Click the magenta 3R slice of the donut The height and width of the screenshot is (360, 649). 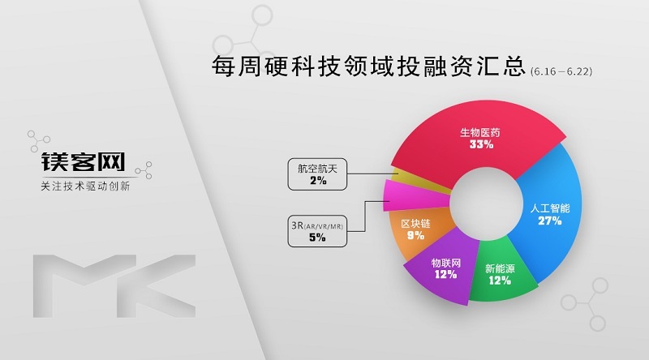(414, 195)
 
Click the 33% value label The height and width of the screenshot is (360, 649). (481, 144)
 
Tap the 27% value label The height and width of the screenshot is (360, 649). (550, 221)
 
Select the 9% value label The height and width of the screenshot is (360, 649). (415, 235)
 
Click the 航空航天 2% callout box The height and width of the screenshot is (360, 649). (317, 174)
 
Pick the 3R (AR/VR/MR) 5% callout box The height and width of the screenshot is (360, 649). (317, 231)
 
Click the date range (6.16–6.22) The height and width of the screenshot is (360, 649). (561, 71)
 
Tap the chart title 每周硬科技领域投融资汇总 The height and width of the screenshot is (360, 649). (368, 66)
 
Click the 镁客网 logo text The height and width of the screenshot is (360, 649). (84, 162)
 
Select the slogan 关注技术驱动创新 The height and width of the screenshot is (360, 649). (85, 186)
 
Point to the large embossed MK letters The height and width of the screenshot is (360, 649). (114, 286)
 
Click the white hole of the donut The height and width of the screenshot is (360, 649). (485, 204)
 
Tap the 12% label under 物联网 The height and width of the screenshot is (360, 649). (445, 274)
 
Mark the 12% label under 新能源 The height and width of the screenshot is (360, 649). (500, 281)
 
